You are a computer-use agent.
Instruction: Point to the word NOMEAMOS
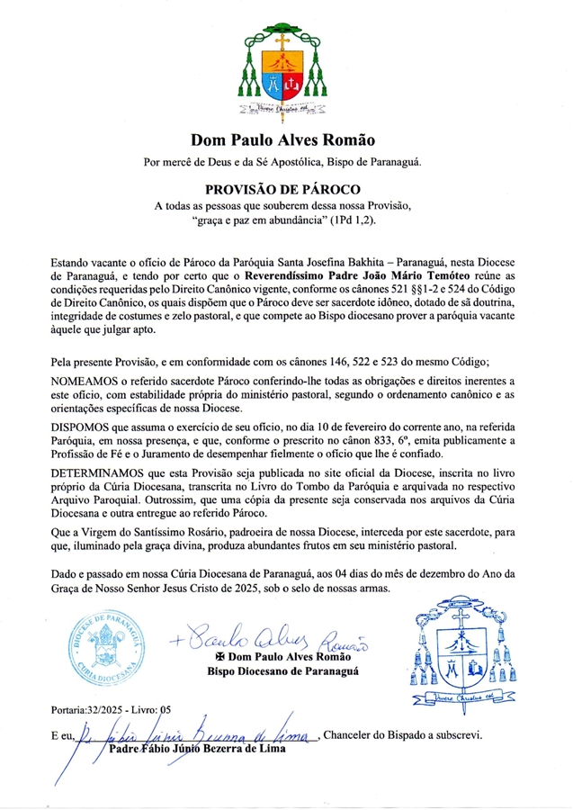(89, 382)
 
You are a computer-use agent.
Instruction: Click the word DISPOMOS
(86, 427)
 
